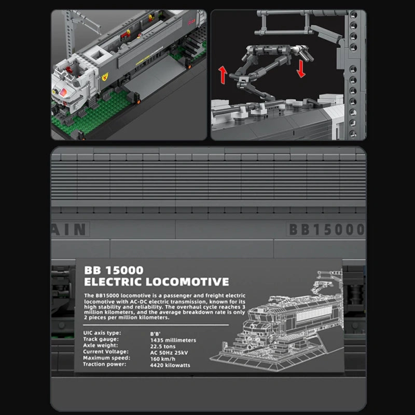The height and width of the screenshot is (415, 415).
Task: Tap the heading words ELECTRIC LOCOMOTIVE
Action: pos(156,282)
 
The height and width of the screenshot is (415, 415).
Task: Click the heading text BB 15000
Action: pos(114,270)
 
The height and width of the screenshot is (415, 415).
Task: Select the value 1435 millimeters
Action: pos(173,340)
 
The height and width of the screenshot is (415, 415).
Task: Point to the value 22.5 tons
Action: pos(163,347)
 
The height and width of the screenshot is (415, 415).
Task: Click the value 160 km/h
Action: pos(163,358)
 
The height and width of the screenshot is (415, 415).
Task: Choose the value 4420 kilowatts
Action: pos(170,365)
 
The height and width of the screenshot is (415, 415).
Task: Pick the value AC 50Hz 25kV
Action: pos(170,353)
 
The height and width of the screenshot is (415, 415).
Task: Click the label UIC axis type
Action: pos(102,334)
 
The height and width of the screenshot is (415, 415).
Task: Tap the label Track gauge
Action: pos(101,340)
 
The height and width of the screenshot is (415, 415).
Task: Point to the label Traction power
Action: pos(105,365)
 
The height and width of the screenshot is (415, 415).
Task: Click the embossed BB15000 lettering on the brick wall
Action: pos(326,229)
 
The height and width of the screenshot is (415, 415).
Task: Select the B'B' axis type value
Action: pos(156,334)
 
